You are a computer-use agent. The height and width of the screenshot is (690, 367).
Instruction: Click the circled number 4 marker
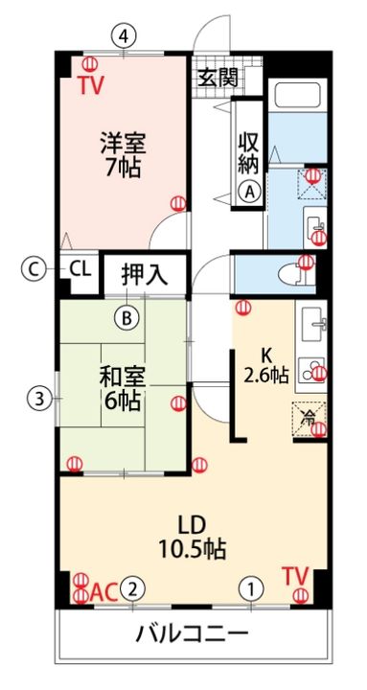122,35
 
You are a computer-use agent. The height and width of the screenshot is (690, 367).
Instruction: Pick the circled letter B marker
126,315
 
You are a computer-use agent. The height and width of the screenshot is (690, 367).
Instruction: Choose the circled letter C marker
34,269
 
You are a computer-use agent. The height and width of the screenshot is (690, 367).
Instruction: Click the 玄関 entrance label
218,78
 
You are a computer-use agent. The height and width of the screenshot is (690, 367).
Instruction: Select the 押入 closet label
145,273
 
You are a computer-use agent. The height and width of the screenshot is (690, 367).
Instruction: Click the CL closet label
80,269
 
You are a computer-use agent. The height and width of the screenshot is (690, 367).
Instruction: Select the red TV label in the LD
295,576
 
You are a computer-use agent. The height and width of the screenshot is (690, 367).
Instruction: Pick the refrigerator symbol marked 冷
309,418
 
